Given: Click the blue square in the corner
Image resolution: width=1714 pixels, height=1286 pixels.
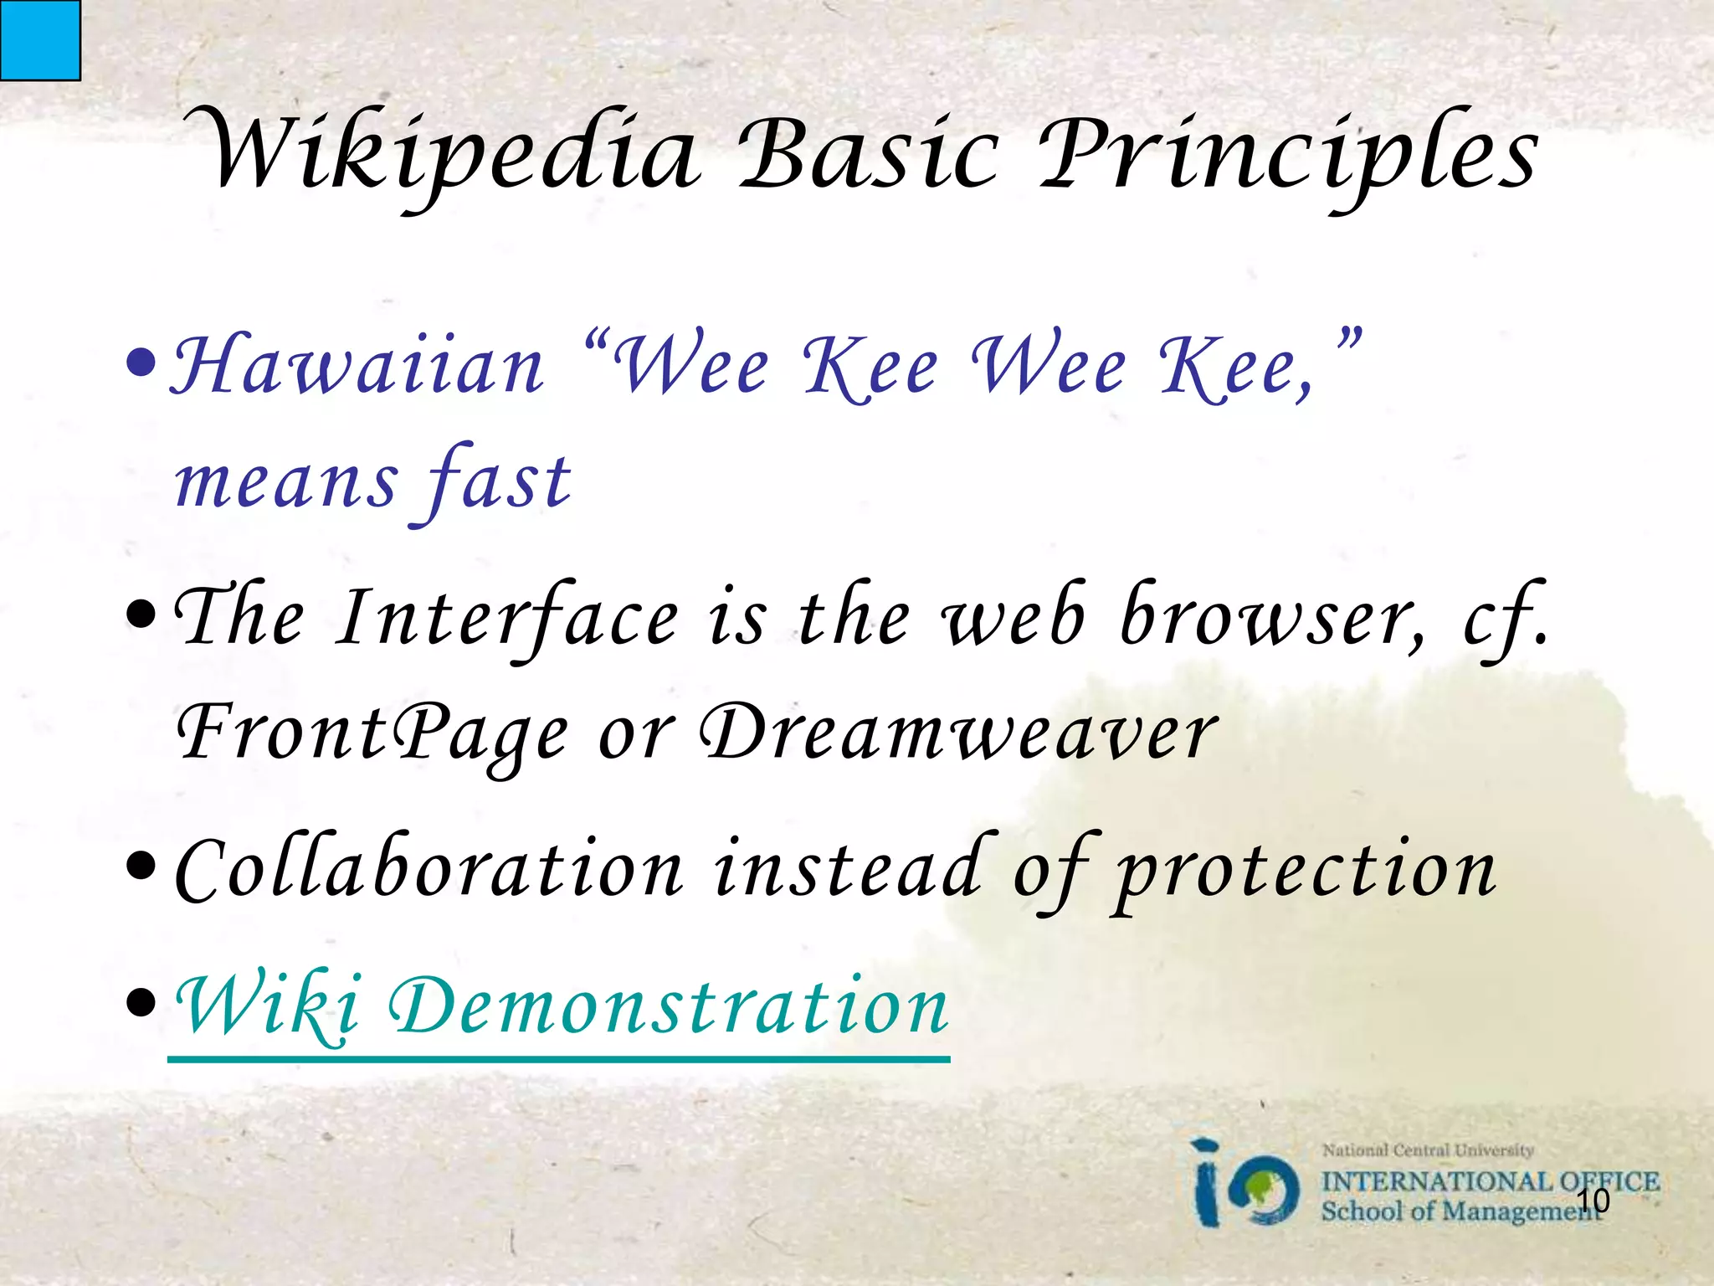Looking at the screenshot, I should tap(39, 39).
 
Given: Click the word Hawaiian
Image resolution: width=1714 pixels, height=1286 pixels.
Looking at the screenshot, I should tap(358, 367).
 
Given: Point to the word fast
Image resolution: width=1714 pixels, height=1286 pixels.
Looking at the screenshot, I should tap(499, 482).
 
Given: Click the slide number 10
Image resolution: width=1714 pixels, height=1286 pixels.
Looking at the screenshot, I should tap(1592, 1201).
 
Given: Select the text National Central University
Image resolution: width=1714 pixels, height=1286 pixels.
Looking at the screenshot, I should tap(1428, 1150).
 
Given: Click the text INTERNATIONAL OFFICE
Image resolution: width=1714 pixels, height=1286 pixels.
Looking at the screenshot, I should tap(1490, 1181).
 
